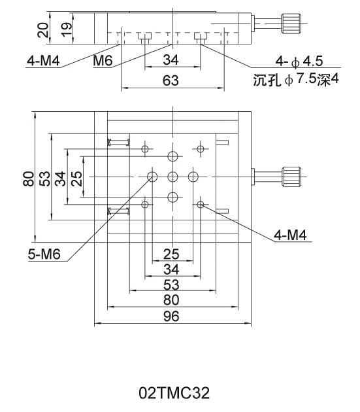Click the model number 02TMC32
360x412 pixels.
(x=174, y=393)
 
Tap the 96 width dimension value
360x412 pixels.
(x=171, y=317)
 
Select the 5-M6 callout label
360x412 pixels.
(x=44, y=254)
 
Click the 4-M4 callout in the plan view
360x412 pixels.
(x=290, y=235)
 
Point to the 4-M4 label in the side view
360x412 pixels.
(x=43, y=61)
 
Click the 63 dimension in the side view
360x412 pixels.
(x=171, y=80)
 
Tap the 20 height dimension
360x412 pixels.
(x=43, y=30)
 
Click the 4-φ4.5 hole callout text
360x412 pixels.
(x=299, y=61)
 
